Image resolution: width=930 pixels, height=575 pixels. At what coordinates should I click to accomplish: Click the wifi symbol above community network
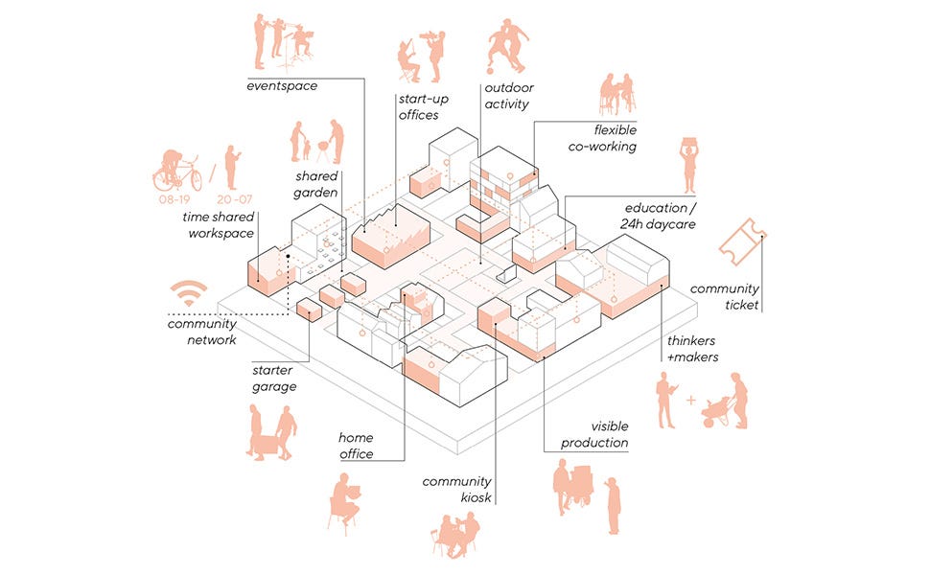coord(189,293)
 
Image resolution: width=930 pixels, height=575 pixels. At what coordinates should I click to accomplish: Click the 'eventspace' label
coord(282,86)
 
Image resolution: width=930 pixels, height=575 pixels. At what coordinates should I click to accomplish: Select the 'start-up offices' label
coord(418,106)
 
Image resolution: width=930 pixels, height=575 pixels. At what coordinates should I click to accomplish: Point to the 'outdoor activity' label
coord(506,97)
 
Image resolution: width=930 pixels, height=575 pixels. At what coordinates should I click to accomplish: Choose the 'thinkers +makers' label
coord(692,349)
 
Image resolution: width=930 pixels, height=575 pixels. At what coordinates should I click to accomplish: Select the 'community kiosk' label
coord(457,489)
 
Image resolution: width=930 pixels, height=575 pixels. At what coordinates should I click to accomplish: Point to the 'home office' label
coord(356,446)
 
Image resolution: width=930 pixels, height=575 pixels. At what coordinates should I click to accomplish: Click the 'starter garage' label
coord(273,378)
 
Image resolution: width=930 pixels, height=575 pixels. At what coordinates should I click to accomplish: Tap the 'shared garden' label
coord(316,184)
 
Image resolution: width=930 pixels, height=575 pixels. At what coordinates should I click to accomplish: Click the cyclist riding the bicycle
coord(178,170)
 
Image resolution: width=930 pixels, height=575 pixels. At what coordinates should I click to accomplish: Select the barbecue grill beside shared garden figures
coord(321,149)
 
